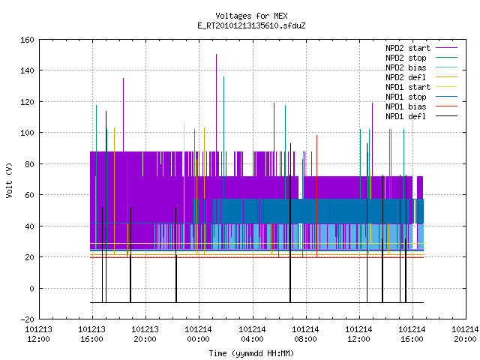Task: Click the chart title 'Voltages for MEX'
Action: [251, 16]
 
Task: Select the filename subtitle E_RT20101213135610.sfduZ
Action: [251, 25]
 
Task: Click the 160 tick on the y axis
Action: [27, 40]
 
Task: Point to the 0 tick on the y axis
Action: [31, 289]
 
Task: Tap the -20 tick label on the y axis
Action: [27, 319]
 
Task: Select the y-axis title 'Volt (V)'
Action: [9, 181]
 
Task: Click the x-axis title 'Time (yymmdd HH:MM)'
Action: [251, 353]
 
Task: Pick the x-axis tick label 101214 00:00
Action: [198, 334]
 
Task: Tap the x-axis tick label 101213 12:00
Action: [38, 334]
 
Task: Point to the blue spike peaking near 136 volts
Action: [223, 138]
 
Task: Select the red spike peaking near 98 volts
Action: [316, 196]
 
